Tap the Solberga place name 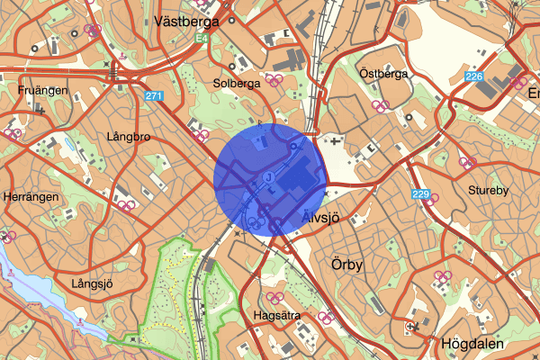click(x=237, y=83)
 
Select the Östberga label click(x=383, y=73)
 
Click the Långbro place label click(x=124, y=139)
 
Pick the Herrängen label click(x=31, y=197)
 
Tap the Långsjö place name click(x=92, y=283)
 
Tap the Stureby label click(x=489, y=190)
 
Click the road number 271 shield click(x=154, y=94)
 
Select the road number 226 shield click(x=474, y=77)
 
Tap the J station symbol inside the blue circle click(x=268, y=177)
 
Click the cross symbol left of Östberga click(x=337, y=141)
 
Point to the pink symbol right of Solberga click(x=274, y=80)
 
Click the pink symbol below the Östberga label click(x=382, y=105)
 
